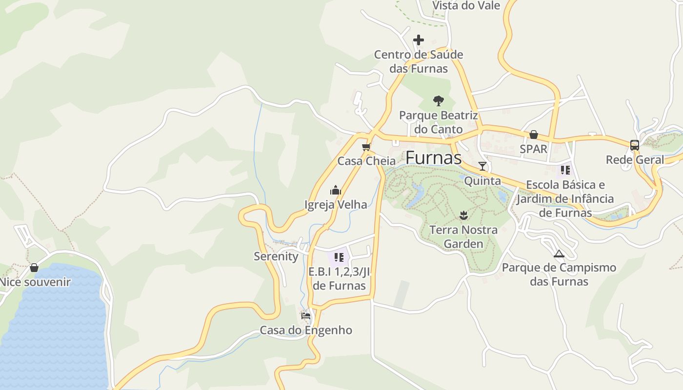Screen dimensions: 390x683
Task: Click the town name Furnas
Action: coord(433,157)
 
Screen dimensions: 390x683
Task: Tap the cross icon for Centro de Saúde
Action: coord(419,40)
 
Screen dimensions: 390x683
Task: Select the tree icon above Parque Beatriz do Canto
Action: coord(439,101)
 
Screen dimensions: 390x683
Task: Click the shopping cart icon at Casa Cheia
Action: coord(366,147)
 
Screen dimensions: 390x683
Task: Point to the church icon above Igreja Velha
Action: coord(336,190)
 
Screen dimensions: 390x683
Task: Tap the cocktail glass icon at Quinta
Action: coord(482,166)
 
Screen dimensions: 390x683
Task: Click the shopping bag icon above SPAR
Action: coord(534,135)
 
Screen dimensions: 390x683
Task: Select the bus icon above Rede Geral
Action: coord(635,145)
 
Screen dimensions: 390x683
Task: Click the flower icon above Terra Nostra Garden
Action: coord(463,214)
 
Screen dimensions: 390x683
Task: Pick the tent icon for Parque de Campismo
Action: coord(559,253)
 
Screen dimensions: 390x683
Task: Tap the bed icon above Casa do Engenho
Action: coord(306,315)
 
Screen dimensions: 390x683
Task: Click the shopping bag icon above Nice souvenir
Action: coord(34,268)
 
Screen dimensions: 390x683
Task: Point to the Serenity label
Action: coord(276,256)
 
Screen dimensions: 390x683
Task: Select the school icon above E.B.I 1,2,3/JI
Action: coord(339,257)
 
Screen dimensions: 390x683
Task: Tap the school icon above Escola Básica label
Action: coord(565,170)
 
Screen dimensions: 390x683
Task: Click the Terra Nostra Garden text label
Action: coord(463,236)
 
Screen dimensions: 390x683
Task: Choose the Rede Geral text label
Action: coord(635,159)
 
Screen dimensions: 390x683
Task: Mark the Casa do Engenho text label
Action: coord(306,330)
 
